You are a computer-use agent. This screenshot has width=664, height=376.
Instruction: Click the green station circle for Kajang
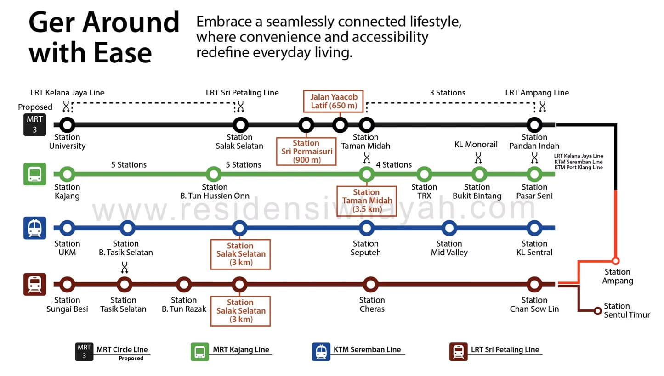coord(67,174)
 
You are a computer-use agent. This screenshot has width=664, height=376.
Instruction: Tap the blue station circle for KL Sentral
coord(534,228)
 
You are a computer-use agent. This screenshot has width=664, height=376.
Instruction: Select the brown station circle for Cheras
coord(370,285)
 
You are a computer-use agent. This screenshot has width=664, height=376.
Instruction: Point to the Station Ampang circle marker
coord(616,261)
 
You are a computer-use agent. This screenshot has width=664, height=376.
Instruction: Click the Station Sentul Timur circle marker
coord(597,311)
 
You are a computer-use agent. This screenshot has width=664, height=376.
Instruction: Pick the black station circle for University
coord(67,124)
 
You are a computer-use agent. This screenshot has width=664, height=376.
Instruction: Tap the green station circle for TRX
coord(424,174)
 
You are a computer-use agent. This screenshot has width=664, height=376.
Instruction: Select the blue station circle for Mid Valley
coord(449,228)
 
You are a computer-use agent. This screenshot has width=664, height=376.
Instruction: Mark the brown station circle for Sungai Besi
coord(67,285)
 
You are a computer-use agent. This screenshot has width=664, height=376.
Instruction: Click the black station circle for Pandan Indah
coord(534,124)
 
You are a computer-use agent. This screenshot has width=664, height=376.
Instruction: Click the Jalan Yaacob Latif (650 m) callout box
coord(334,101)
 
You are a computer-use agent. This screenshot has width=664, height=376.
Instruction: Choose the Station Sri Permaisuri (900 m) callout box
coord(306,152)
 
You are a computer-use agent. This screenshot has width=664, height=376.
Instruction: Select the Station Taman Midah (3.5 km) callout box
coord(366,201)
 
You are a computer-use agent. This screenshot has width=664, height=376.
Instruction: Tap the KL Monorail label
coord(476,145)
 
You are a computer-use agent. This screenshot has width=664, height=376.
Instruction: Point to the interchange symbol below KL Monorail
coord(478,158)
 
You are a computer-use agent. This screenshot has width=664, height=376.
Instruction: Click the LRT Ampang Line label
coord(537,93)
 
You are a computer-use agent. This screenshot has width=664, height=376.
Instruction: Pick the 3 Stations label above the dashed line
coord(448,93)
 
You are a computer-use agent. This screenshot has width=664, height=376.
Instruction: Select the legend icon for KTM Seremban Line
coord(321,352)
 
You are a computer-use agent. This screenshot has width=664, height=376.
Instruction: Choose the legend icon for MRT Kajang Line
coord(200,352)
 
